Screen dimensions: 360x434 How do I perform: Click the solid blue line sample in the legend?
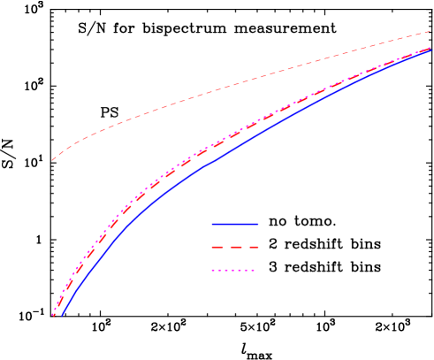(235, 224)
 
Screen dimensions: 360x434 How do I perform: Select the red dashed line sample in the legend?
(235, 248)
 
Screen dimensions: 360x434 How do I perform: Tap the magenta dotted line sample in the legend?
(233, 271)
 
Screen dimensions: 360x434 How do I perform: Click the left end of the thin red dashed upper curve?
(52, 160)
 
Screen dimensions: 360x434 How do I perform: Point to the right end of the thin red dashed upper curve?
(430, 32)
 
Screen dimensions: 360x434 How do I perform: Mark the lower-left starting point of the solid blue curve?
(61, 315)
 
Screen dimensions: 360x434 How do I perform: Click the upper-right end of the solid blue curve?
(431, 50)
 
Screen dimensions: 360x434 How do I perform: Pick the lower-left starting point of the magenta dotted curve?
(53, 315)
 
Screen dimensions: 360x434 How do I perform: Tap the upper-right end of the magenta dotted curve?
(431, 49)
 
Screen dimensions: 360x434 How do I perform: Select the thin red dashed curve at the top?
(221, 88)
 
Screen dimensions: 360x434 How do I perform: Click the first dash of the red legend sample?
(218, 248)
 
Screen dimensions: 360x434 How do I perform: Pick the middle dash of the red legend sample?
(235, 248)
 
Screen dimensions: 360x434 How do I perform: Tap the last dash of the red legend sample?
(253, 248)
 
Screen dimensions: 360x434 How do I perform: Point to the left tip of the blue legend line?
(213, 224)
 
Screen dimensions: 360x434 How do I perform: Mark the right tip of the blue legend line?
(258, 224)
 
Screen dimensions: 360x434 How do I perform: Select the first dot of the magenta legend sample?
(214, 271)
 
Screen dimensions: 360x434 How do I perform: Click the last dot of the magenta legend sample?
(253, 271)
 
